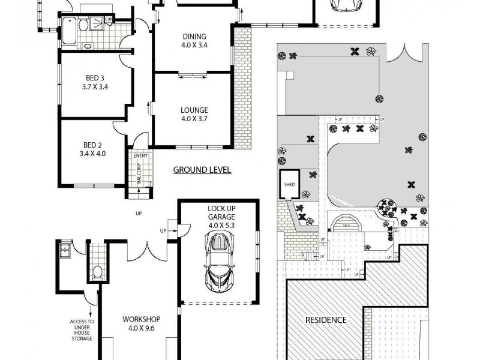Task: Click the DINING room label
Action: tap(193, 40)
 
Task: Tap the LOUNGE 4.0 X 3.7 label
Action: tap(194, 114)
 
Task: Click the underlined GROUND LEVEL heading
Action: tap(202, 170)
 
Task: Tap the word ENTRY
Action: tap(140, 156)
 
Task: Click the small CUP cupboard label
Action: tap(109, 20)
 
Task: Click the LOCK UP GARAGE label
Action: tap(221, 217)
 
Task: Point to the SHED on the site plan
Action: tap(288, 185)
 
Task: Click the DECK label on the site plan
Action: tap(346, 226)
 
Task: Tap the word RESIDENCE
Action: tap(326, 320)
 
